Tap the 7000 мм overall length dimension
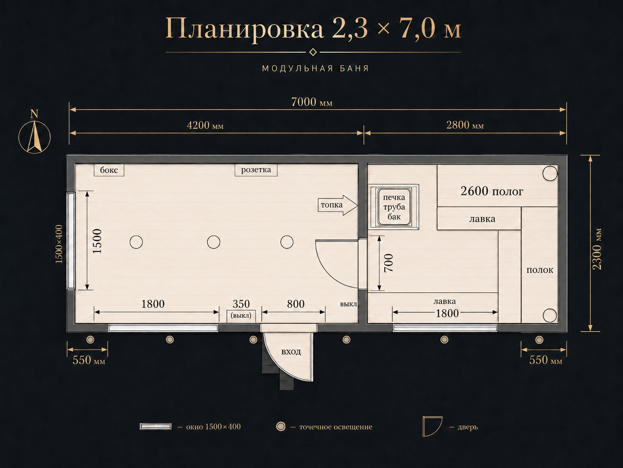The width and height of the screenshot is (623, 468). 311,102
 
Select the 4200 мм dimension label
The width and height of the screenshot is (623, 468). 205,125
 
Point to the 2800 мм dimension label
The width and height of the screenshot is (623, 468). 465,125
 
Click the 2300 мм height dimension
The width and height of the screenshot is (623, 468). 597,249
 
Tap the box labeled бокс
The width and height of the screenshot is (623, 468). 109,170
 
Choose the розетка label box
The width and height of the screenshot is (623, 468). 256,170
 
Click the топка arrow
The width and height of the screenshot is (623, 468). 337,205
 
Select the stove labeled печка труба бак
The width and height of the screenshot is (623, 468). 394,207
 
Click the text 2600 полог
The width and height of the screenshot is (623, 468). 492,191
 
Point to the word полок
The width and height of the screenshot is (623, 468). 540,270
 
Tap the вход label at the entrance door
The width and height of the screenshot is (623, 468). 291,352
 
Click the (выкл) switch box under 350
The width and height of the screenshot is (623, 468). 241,316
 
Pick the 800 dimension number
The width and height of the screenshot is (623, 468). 296,304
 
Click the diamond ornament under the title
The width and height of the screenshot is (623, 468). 313,52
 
